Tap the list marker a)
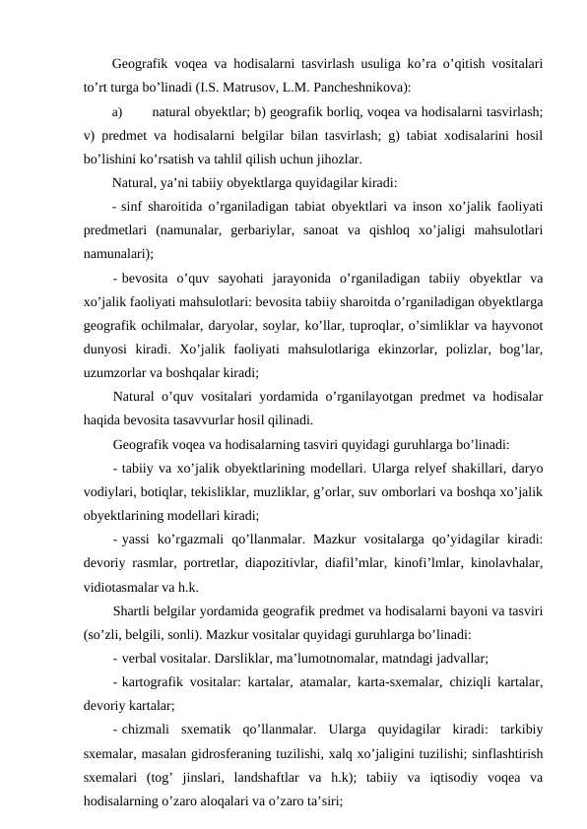(119, 112)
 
